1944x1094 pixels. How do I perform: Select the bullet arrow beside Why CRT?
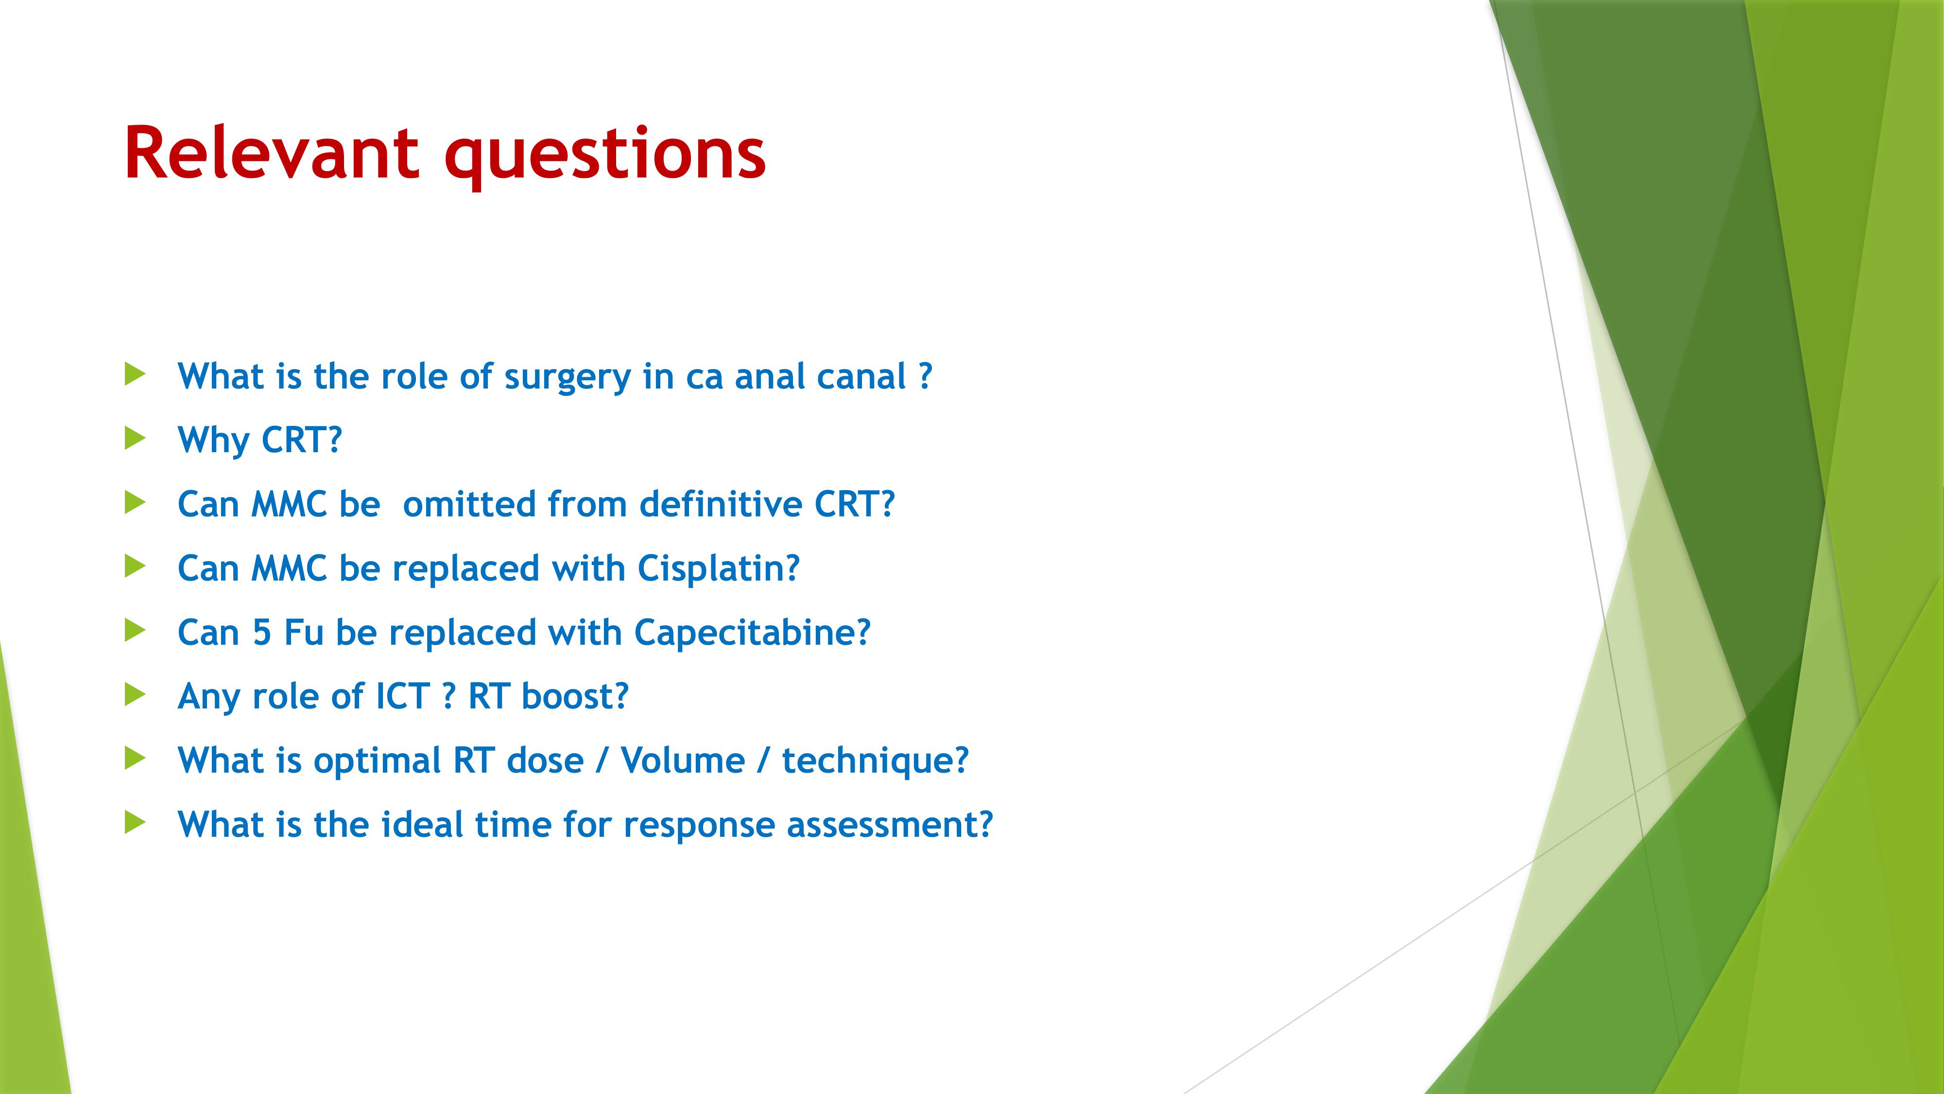135,438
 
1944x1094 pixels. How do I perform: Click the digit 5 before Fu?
262,633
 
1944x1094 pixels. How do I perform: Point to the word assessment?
890,825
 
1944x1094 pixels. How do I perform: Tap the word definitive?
721,504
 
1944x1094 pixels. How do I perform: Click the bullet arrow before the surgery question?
135,374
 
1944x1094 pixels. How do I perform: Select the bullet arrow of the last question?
135,822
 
